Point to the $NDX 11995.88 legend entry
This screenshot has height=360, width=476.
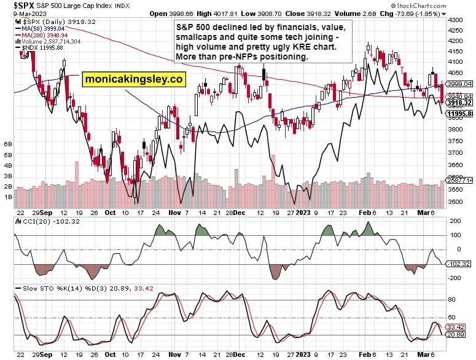(42, 48)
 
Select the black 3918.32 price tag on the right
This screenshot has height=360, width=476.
(459, 103)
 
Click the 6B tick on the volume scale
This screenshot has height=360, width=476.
(8, 143)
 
